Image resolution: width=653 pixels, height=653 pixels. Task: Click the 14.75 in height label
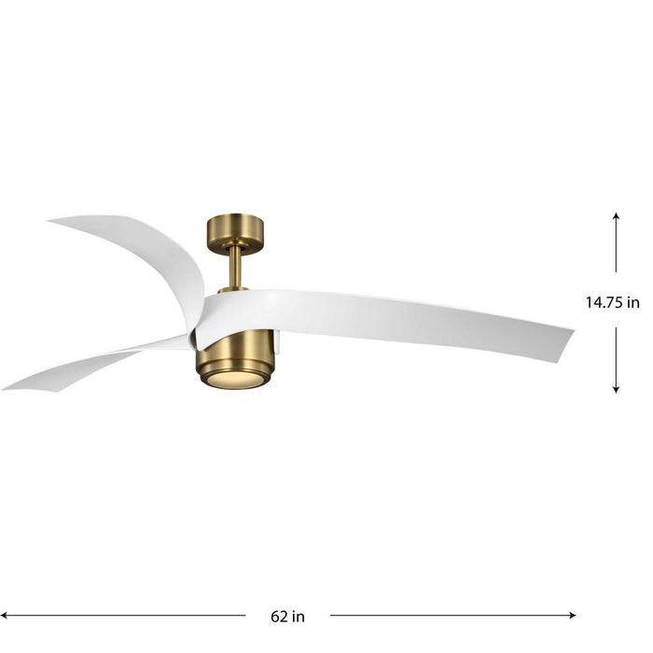(x=613, y=302)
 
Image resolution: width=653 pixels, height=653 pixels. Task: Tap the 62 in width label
(x=287, y=617)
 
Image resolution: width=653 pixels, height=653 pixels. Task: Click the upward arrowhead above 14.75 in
(x=616, y=215)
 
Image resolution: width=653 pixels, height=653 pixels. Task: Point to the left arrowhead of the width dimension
(x=7, y=616)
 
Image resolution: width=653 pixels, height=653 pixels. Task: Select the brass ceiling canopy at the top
(x=234, y=229)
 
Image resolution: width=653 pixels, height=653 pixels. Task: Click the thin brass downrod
(x=234, y=267)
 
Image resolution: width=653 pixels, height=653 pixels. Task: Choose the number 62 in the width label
(x=278, y=617)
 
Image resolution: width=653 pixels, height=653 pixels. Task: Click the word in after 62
(x=299, y=617)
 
